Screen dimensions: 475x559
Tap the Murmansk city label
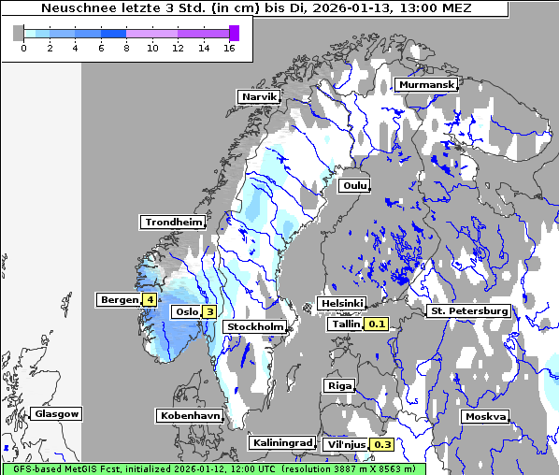(426, 84)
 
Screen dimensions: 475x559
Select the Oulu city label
(355, 186)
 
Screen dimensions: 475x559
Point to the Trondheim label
(173, 222)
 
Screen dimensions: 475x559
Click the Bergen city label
(118, 300)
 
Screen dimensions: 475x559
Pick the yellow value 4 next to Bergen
(150, 300)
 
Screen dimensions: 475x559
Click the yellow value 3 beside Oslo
(210, 311)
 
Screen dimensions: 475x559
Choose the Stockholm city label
(255, 326)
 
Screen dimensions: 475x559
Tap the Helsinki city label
(341, 304)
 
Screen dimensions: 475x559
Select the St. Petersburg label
(468, 310)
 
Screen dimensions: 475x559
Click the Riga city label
(339, 385)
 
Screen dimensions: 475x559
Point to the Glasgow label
(56, 413)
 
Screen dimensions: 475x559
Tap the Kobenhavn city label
(190, 414)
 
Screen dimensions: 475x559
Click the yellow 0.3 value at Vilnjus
(382, 444)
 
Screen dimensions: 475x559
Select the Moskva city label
(485, 416)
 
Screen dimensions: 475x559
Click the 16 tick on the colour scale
(229, 48)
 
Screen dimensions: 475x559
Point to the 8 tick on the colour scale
(126, 48)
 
